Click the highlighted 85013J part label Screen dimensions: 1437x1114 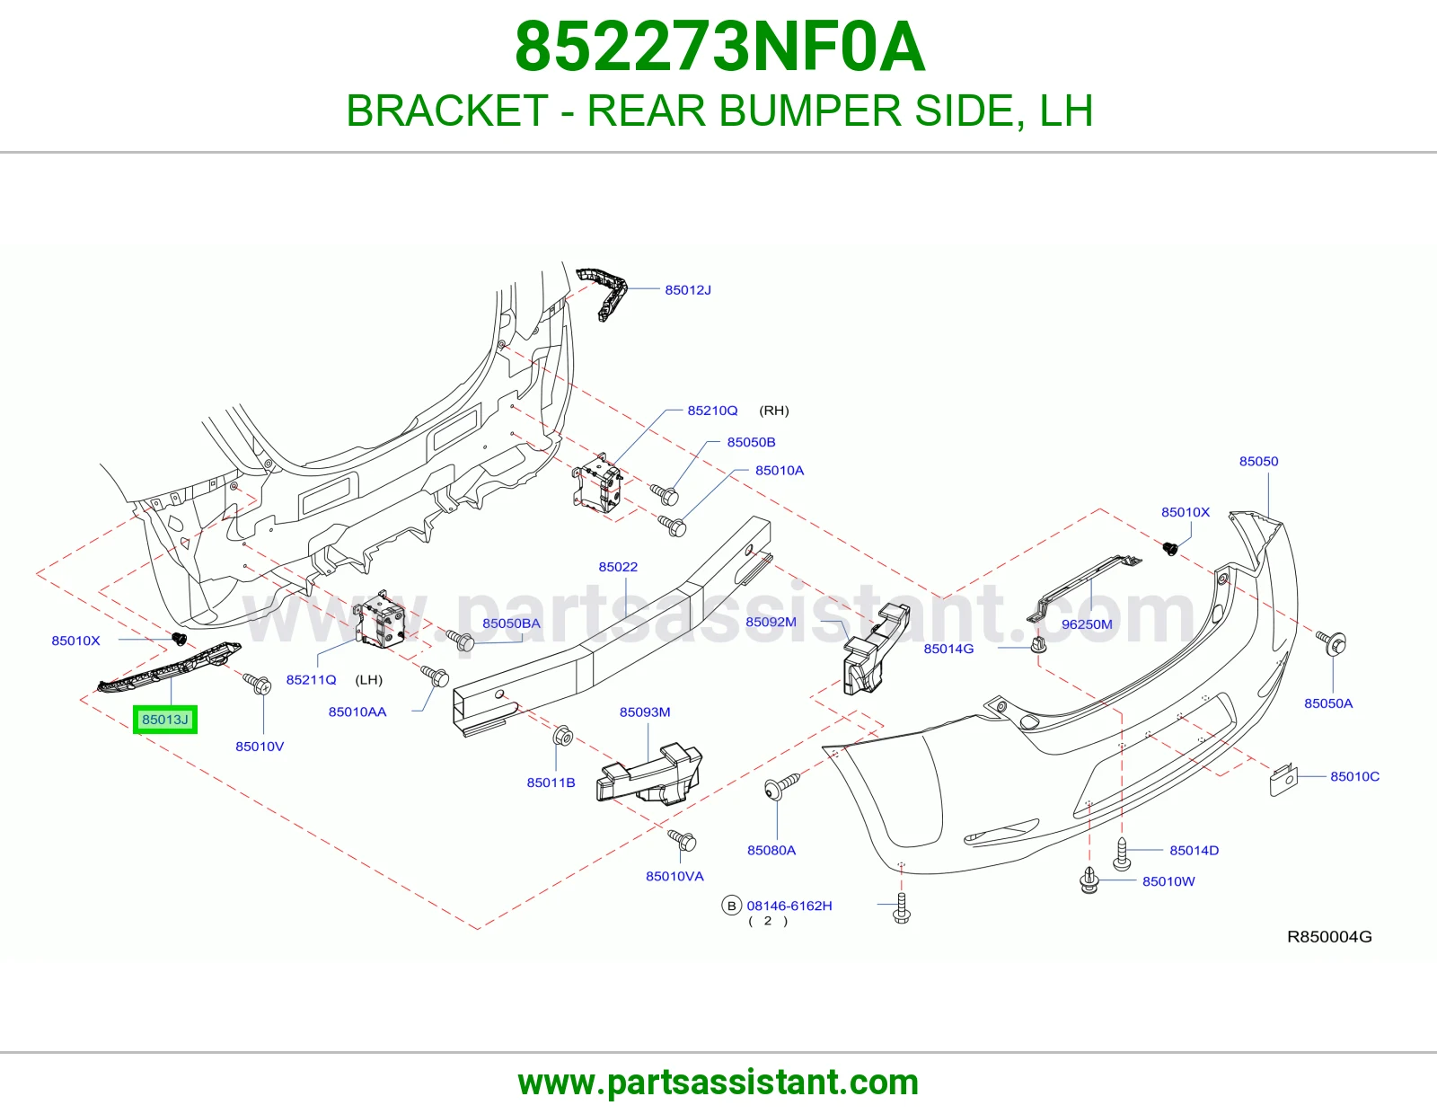pos(164,719)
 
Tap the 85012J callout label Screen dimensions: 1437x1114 pos(688,290)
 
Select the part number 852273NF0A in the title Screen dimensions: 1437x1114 pos(719,47)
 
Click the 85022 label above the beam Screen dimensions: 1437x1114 pos(618,567)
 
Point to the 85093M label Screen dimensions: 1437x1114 pos(645,712)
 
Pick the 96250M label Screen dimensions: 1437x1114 pos(1087,623)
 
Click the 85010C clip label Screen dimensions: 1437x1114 pos(1354,776)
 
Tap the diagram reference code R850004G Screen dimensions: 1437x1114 pos(1329,937)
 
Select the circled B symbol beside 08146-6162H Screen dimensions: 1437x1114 pos(731,906)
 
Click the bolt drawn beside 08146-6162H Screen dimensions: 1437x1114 pos(902,907)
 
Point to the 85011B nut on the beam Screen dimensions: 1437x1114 pos(563,735)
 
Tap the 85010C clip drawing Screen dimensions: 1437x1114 pos(1283,779)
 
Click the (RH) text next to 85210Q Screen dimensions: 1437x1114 pos(773,411)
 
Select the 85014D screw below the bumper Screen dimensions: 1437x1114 pos(1123,853)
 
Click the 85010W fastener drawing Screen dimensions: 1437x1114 pos(1089,880)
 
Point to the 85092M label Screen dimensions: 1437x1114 pos(771,622)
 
